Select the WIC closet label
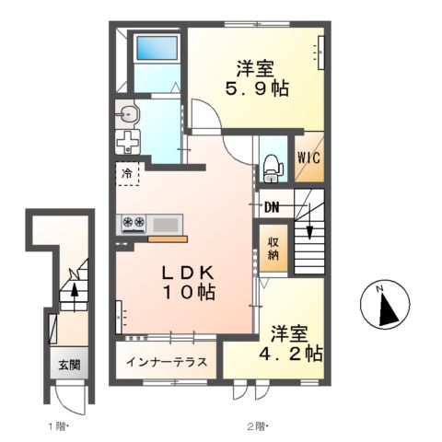pyautogui.click(x=308, y=157)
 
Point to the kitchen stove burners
pyautogui.click(x=133, y=222)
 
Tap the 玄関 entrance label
pyautogui.click(x=68, y=365)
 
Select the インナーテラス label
pyautogui.click(x=167, y=360)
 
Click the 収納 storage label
pyautogui.click(x=273, y=249)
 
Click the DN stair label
pyautogui.click(x=273, y=206)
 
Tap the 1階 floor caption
pyautogui.click(x=56, y=425)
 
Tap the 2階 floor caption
pyautogui.click(x=255, y=425)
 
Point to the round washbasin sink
pyautogui.click(x=128, y=115)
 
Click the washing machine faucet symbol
pyautogui.click(x=128, y=143)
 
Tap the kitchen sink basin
pyautogui.click(x=167, y=223)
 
